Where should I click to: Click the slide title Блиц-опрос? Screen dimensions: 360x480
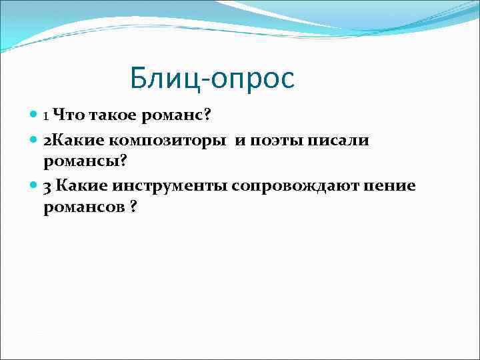tap(212, 79)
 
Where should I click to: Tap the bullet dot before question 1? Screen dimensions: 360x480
tap(35, 115)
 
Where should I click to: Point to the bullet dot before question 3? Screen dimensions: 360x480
tap(35, 185)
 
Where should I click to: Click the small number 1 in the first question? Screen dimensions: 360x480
tap(45, 116)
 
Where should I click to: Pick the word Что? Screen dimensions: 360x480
tap(67, 115)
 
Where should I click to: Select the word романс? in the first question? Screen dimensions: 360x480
tap(175, 115)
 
